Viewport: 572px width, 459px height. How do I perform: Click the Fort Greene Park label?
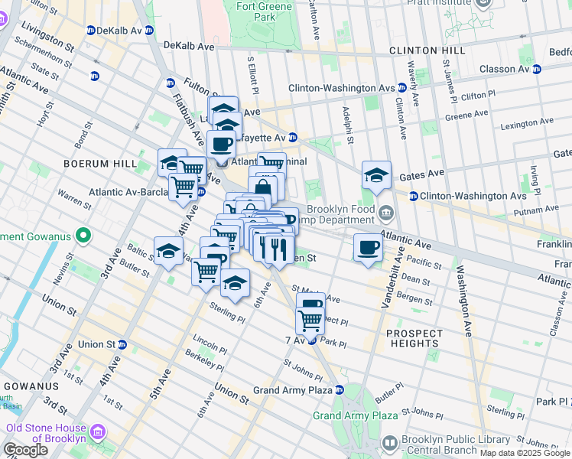click(255, 11)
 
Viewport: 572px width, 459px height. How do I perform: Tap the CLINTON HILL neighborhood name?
click(426, 50)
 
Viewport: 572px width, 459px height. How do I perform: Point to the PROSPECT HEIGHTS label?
click(414, 339)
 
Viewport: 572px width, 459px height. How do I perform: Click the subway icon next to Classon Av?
click(536, 69)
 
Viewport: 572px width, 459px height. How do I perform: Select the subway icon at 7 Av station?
click(312, 340)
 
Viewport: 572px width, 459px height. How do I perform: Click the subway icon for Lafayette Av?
click(292, 138)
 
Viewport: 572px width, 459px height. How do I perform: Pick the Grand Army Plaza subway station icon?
click(339, 390)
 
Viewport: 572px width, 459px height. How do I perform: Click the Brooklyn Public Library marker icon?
click(390, 444)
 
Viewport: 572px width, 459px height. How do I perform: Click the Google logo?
click(25, 450)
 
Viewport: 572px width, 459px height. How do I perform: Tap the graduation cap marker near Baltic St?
click(168, 250)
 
